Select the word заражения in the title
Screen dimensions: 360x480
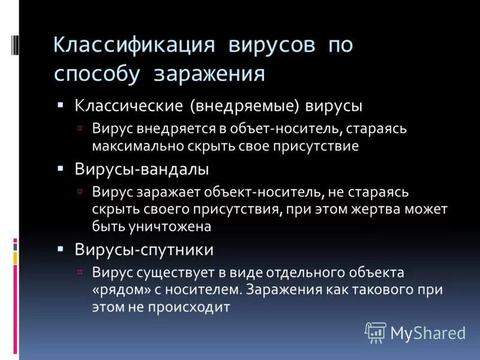(x=209, y=74)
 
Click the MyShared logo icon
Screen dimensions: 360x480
(x=376, y=332)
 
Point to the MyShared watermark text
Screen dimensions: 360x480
(x=428, y=333)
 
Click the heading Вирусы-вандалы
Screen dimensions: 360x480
(x=142, y=169)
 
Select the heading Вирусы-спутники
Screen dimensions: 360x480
(x=144, y=249)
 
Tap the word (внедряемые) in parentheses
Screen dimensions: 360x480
(x=244, y=106)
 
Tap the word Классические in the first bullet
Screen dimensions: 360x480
(x=128, y=106)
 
